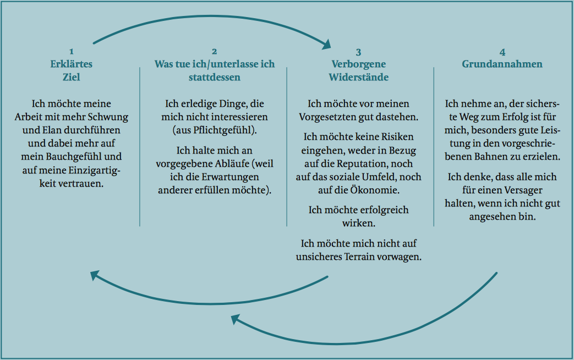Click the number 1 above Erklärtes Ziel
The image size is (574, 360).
point(72,52)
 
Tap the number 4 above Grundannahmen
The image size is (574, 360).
point(502,52)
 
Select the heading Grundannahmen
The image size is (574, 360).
point(502,64)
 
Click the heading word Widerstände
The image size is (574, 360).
point(359,77)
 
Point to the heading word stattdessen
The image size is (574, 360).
point(215,77)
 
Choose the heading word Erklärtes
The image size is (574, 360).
point(72,64)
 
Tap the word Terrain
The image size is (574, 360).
point(359,257)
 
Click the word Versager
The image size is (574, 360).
point(523,190)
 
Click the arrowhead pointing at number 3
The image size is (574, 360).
point(326,45)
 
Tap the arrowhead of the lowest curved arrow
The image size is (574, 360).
point(236,319)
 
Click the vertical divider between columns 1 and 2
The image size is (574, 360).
point(140,146)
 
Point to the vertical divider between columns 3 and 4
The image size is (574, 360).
point(434,146)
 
